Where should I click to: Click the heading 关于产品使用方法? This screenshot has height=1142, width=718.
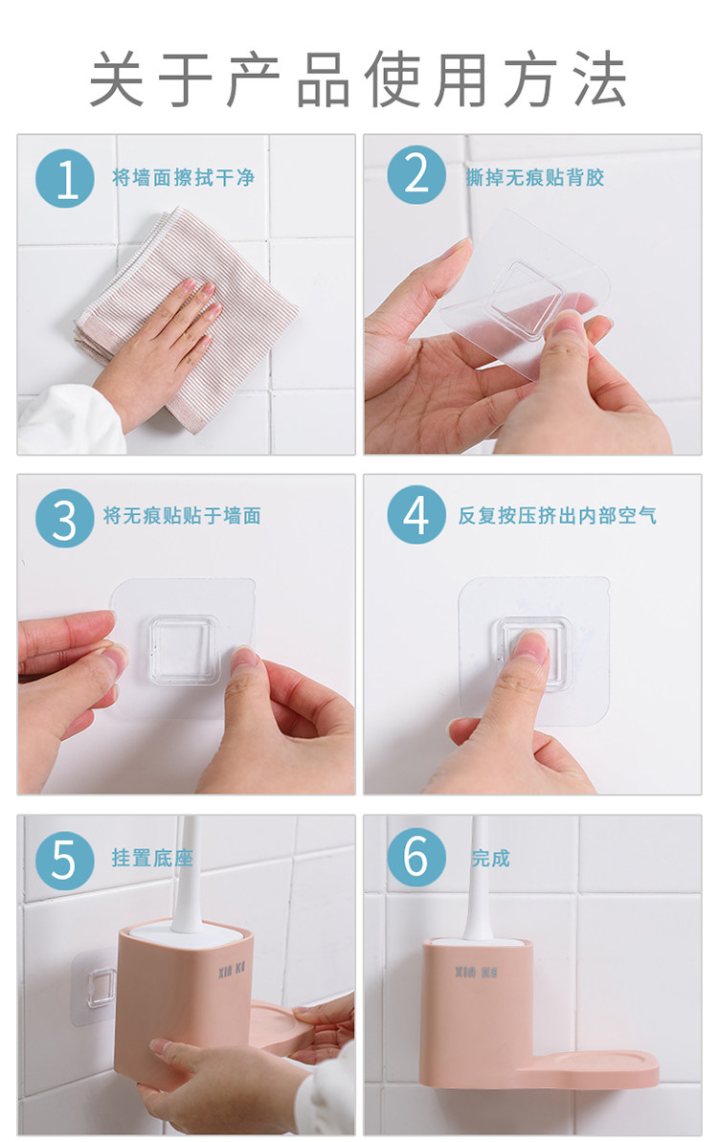(357, 79)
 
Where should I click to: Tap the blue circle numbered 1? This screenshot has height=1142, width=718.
(65, 178)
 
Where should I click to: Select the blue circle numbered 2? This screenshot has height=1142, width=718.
(416, 175)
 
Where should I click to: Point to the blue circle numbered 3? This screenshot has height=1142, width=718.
(65, 518)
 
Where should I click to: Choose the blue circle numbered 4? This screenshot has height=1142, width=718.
(416, 515)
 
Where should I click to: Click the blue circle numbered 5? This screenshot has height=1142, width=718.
(65, 861)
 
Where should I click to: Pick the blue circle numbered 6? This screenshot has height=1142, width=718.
(416, 857)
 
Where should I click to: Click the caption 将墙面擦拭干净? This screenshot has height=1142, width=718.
(183, 178)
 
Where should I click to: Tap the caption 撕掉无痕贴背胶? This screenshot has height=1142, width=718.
(535, 177)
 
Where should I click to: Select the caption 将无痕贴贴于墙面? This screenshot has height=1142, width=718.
(182, 516)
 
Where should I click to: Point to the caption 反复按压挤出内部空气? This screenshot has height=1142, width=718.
(557, 516)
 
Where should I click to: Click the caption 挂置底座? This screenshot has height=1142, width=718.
(152, 858)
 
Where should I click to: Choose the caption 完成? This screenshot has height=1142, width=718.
(490, 858)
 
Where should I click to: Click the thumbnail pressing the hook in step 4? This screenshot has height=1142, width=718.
(529, 645)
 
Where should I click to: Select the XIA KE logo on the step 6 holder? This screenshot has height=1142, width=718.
(476, 973)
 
